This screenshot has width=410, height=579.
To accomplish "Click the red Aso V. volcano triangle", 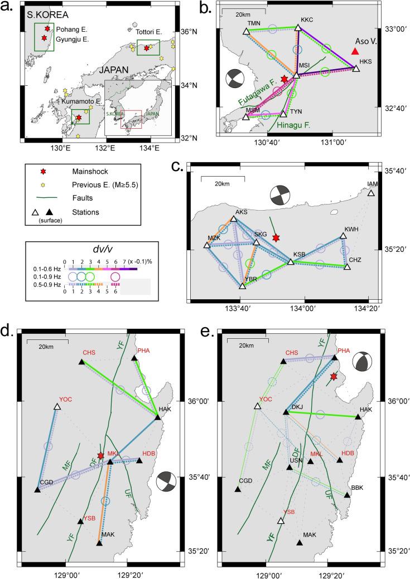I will [355, 51].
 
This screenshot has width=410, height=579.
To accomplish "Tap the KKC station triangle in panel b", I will [298, 27].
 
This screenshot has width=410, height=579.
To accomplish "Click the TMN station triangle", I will [246, 31].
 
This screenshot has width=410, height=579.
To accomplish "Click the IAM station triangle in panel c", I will [371, 193].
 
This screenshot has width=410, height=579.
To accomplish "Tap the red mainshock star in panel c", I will [276, 238].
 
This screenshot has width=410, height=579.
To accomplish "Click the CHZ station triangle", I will [347, 267].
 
